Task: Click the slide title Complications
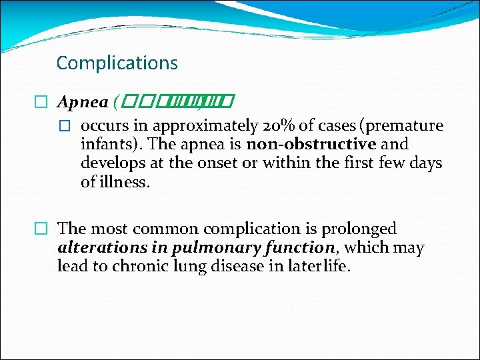pos(117,63)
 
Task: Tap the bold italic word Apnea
pos(83,102)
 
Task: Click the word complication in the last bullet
pos(248,229)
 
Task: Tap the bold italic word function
pos(297,248)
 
